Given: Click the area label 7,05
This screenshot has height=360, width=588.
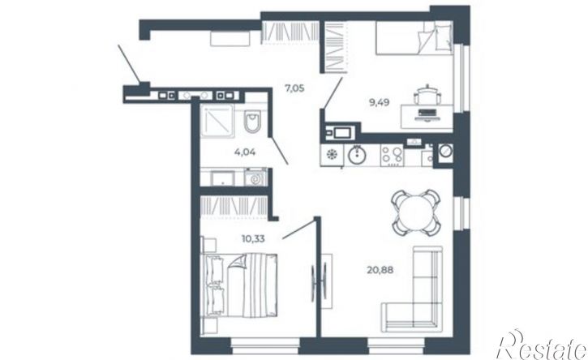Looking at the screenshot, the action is [x=294, y=89].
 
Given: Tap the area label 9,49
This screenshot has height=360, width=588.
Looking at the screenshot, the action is [x=379, y=102].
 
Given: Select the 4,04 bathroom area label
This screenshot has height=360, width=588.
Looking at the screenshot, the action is [x=245, y=152].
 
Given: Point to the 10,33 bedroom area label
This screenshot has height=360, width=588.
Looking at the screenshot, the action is [x=253, y=238].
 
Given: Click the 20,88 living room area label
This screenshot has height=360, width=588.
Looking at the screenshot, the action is [x=380, y=270].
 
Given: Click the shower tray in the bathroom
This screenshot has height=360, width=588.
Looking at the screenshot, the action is [x=217, y=120].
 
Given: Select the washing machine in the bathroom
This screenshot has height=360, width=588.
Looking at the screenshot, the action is [x=255, y=178].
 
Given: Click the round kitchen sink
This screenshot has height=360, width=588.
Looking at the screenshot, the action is [x=357, y=155].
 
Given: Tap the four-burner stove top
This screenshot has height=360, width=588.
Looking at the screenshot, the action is [x=393, y=155].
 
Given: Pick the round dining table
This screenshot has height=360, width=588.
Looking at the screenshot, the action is [x=415, y=212].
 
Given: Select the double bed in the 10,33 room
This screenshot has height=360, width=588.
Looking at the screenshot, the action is [x=239, y=285].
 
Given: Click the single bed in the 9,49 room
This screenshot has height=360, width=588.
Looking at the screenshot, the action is [x=414, y=38].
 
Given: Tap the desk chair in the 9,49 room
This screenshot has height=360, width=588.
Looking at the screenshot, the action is [x=427, y=95].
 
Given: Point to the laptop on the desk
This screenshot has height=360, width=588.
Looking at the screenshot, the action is [x=426, y=114].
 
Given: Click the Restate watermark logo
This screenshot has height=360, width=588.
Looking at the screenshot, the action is [x=542, y=345].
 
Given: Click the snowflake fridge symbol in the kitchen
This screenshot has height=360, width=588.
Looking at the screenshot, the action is [x=331, y=155].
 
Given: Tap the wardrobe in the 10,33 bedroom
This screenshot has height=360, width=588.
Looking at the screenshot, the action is [x=234, y=206].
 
